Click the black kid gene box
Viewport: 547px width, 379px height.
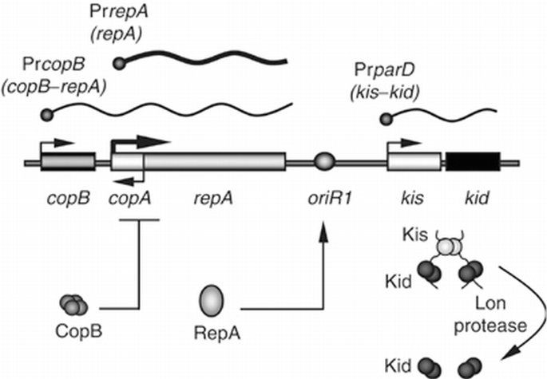click(x=473, y=161)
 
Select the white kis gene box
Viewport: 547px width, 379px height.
click(x=414, y=161)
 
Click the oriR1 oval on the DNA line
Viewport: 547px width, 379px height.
click(x=324, y=162)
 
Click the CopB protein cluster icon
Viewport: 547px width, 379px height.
click(x=73, y=304)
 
